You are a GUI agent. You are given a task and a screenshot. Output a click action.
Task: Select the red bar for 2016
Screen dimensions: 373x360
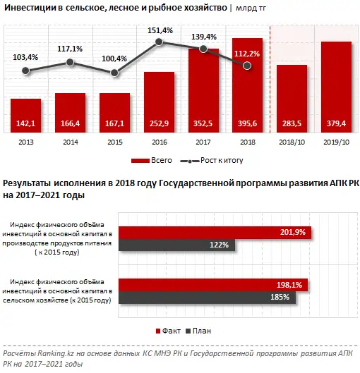tap(159, 102)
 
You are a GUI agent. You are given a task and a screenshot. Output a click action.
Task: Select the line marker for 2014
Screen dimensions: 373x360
tap(70, 62)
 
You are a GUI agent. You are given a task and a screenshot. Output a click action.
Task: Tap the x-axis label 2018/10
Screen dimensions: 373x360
tap(292, 142)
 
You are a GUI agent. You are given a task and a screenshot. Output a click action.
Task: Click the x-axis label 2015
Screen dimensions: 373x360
tap(114, 142)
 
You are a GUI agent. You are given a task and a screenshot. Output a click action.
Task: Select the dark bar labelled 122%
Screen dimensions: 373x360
tap(176, 245)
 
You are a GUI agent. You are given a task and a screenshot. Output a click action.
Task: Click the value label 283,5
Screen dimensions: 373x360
tap(292, 124)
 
